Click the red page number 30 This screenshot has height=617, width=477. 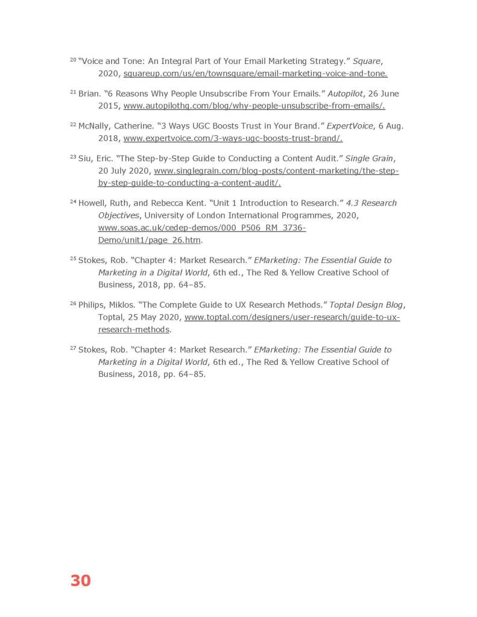pos(80,580)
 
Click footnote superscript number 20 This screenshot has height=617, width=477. pos(73,60)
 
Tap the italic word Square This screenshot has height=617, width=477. pos(367,62)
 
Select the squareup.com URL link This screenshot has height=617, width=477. pos(255,74)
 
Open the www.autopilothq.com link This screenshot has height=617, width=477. pos(254,106)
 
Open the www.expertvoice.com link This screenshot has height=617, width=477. pos(233,139)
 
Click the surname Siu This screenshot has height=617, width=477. pos(85,159)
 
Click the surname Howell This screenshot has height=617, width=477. pos(92,203)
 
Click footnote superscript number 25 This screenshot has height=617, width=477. pos(73,259)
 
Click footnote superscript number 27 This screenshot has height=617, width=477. pos(73,348)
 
